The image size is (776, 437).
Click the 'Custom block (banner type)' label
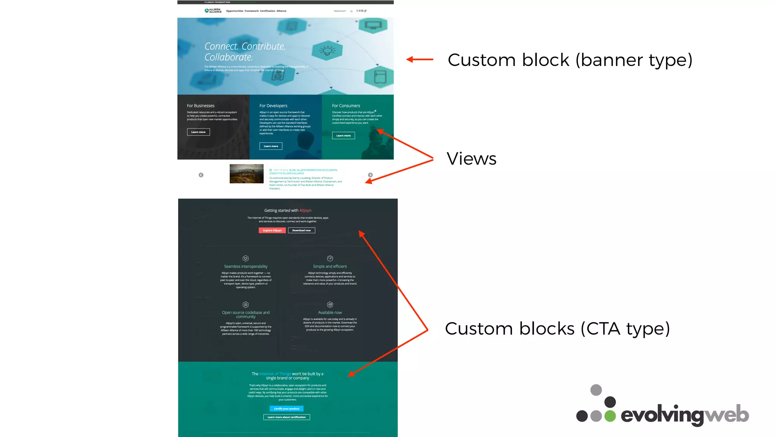click(x=570, y=60)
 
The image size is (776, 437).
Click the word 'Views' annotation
click(x=471, y=159)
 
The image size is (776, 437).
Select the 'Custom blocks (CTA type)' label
click(x=557, y=329)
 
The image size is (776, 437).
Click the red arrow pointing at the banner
click(x=420, y=59)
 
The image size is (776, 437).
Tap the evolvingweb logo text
click(x=684, y=415)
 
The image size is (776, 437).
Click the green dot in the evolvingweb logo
click(x=610, y=416)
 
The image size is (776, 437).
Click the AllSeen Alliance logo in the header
click(x=213, y=11)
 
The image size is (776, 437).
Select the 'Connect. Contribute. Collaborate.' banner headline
click(x=245, y=52)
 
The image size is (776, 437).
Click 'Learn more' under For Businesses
click(x=198, y=132)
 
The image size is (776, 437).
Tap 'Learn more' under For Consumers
click(x=343, y=135)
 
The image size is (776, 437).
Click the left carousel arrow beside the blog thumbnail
click(x=201, y=175)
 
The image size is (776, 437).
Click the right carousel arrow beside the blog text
click(x=370, y=175)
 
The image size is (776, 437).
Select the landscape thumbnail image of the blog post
click(x=246, y=174)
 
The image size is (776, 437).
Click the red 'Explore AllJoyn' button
click(x=272, y=230)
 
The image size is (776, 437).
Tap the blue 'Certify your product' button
click(x=286, y=409)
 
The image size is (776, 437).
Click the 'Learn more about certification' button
click(x=286, y=417)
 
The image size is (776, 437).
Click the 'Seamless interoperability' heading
click(x=246, y=266)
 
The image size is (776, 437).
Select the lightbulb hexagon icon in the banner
click(x=327, y=50)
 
